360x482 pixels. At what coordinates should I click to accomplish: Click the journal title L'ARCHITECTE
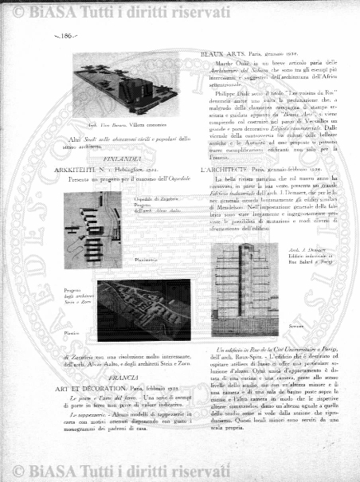point(226,170)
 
